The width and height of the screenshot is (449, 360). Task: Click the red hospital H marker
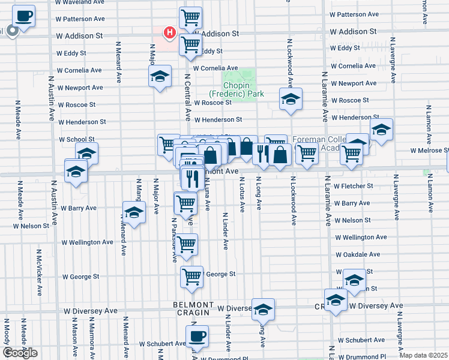170,32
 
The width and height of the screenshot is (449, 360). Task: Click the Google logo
20,353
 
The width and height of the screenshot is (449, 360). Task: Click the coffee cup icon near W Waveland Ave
24,16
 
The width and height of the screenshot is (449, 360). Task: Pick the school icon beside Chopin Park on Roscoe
291,98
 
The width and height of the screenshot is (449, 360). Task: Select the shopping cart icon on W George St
191,277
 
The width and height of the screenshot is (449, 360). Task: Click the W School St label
77,139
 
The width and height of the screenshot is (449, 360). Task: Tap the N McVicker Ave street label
39,272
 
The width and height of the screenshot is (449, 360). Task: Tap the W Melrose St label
430,151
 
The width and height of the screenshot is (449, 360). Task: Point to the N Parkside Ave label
174,240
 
